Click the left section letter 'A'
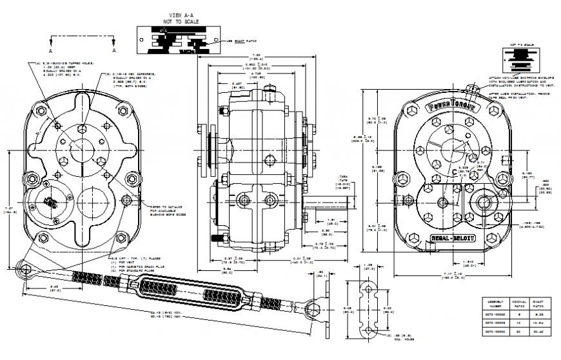(51, 50)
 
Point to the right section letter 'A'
(114, 50)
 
